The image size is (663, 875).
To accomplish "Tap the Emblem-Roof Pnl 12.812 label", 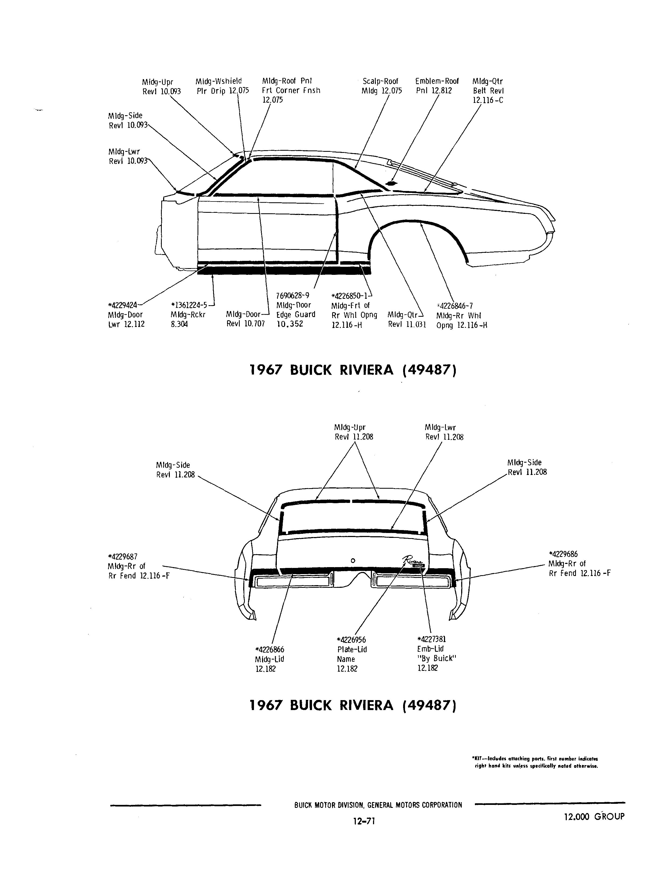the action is point(437,86).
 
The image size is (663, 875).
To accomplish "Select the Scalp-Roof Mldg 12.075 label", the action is point(381,86).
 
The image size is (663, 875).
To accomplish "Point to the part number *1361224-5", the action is point(189,305).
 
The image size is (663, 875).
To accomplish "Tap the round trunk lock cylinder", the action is point(353,560).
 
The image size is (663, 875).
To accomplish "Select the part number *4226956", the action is point(351,640).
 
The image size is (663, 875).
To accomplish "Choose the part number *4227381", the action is point(432,639).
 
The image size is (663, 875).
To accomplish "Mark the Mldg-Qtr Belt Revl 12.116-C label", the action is point(488,91).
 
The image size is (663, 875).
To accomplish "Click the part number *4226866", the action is point(270,650).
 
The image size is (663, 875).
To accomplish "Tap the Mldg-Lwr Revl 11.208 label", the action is point(444,432).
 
